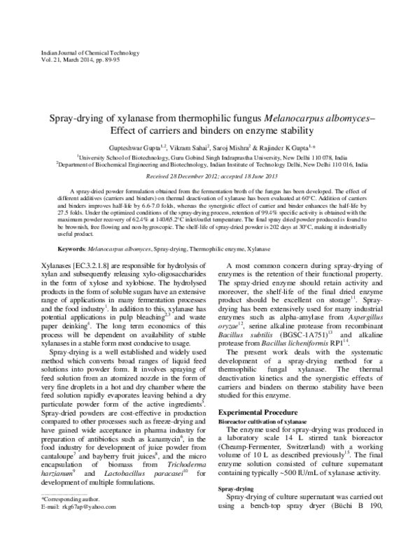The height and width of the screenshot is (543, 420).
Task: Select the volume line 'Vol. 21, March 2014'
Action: click(x=55, y=61)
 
